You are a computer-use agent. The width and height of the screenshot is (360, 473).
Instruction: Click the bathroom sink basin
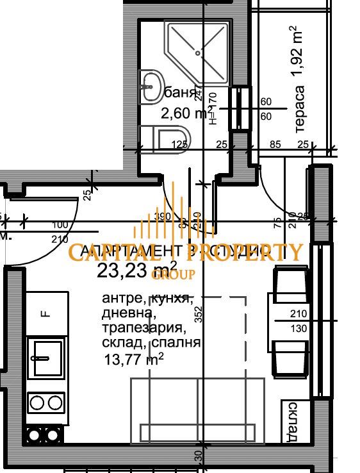(152, 86)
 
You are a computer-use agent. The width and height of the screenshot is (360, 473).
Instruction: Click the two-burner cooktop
(47, 402)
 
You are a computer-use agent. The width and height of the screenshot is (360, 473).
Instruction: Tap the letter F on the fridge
(45, 314)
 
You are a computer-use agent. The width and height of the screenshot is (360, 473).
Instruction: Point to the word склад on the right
(292, 422)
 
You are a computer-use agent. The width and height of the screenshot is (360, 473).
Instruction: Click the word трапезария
(143, 329)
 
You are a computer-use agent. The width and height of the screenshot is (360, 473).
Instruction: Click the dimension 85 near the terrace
(275, 144)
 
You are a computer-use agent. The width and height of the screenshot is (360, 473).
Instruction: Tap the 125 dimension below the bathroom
(179, 144)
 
